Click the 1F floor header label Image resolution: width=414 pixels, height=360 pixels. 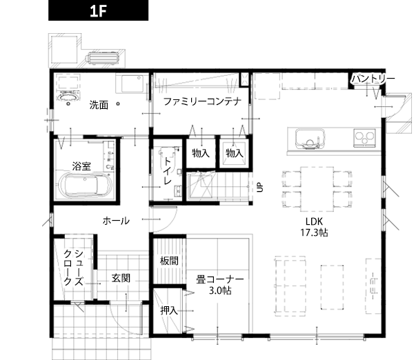(x=98, y=10)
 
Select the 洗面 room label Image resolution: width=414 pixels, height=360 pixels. (x=99, y=105)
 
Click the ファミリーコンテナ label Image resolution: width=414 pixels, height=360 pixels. (x=202, y=101)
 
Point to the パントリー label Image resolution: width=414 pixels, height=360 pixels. (x=373, y=79)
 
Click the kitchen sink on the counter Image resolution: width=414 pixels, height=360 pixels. (x=310, y=139)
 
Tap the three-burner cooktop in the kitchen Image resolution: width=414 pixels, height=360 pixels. (x=364, y=137)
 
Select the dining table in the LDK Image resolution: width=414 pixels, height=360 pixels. (x=317, y=189)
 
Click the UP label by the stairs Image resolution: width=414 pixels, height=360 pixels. (x=260, y=187)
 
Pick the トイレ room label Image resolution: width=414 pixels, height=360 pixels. (x=168, y=171)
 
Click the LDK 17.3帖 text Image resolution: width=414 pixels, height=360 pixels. (x=314, y=227)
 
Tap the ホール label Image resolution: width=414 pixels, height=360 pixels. (x=116, y=221)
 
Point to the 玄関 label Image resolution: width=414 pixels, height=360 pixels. (x=121, y=278)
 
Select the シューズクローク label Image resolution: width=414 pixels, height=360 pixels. (x=74, y=268)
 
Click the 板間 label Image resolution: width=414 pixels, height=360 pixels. (x=169, y=261)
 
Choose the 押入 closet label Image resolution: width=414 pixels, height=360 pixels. (x=169, y=310)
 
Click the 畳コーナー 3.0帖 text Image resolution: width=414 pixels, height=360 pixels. (x=220, y=285)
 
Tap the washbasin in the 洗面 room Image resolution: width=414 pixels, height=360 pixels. (x=68, y=97)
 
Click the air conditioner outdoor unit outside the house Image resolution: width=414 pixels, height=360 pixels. (x=102, y=58)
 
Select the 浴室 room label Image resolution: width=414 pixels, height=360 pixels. (x=81, y=166)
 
